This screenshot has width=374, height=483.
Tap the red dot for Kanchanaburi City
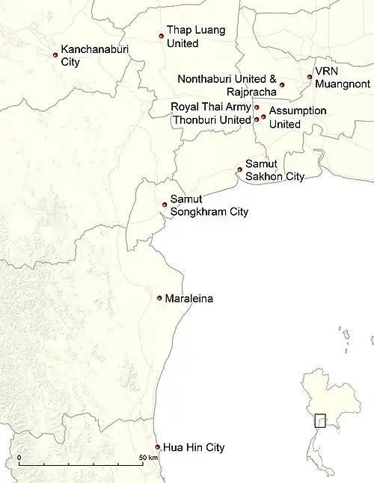pos(55,54)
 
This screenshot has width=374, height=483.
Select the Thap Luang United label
pos(195,37)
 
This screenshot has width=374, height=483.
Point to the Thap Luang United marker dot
pos(161,36)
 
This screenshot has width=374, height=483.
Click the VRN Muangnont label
pos(337,77)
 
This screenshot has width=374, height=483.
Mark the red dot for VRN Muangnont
pos(310,77)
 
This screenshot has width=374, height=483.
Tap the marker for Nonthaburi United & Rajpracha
pos(282,85)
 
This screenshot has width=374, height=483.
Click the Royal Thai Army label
pos(210,107)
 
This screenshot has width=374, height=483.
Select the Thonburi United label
pos(210,119)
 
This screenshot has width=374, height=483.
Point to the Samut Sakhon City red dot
pos(239,169)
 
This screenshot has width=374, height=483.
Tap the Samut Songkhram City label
pos(209,205)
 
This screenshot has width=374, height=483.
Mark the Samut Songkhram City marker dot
pos(165,205)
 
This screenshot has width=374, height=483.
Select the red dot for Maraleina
pos(159,298)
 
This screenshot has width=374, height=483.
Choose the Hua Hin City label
pos(194,448)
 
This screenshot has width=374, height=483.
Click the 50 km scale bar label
pos(148,456)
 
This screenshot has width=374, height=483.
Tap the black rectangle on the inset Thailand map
pos(320,420)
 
